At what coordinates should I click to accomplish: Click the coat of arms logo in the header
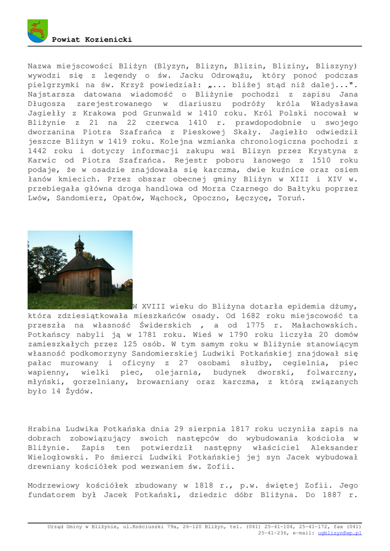pos(38,30)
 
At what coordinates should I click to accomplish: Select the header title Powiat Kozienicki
pos(91,40)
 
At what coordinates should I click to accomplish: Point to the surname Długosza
pos(47,104)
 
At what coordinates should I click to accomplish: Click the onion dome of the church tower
pos(79,245)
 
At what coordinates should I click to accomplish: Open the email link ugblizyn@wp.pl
pos(339,533)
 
